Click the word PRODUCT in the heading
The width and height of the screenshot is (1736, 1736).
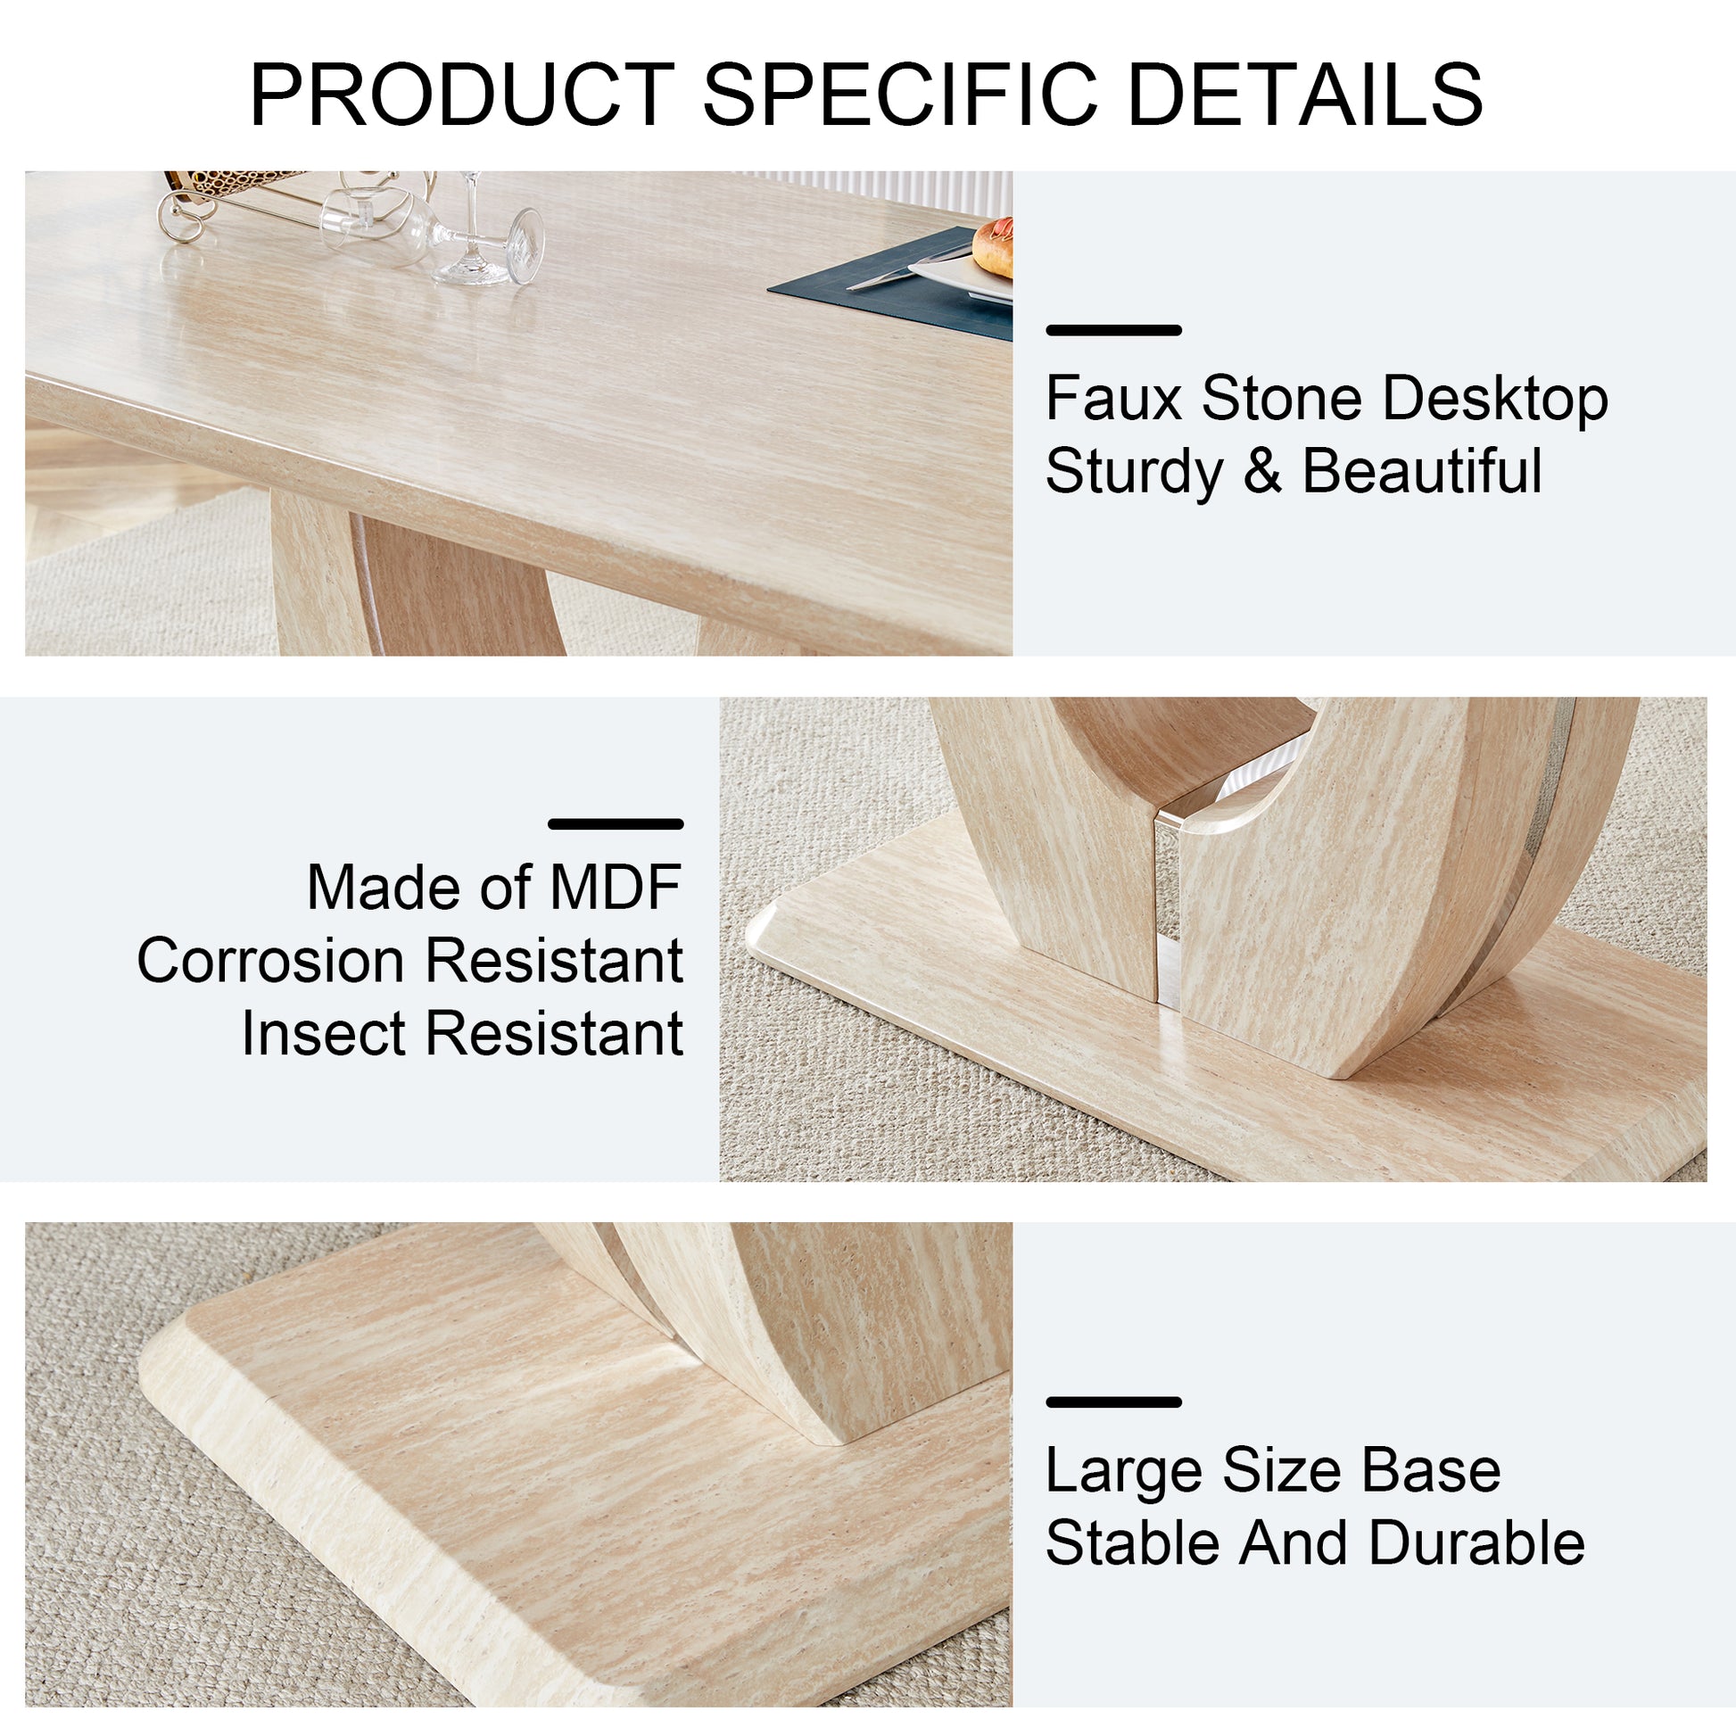pyautogui.click(x=461, y=95)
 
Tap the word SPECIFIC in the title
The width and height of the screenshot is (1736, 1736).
pyautogui.click(x=899, y=95)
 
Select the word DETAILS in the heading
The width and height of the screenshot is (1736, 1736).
pyautogui.click(x=1304, y=95)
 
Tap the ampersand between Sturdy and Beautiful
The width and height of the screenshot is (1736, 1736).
pyautogui.click(x=1262, y=471)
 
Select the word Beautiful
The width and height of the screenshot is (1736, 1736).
pyautogui.click(x=1421, y=471)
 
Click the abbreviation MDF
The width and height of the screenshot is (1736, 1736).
pyautogui.click(x=616, y=888)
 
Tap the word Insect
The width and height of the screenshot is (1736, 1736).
pyautogui.click(x=323, y=1033)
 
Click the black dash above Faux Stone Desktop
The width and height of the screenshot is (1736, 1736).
pyautogui.click(x=1113, y=331)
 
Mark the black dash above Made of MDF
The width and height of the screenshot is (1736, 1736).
pyautogui.click(x=616, y=824)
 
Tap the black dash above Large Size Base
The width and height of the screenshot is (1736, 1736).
pyautogui.click(x=1113, y=1401)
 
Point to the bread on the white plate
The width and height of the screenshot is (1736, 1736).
pyautogui.click(x=994, y=247)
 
